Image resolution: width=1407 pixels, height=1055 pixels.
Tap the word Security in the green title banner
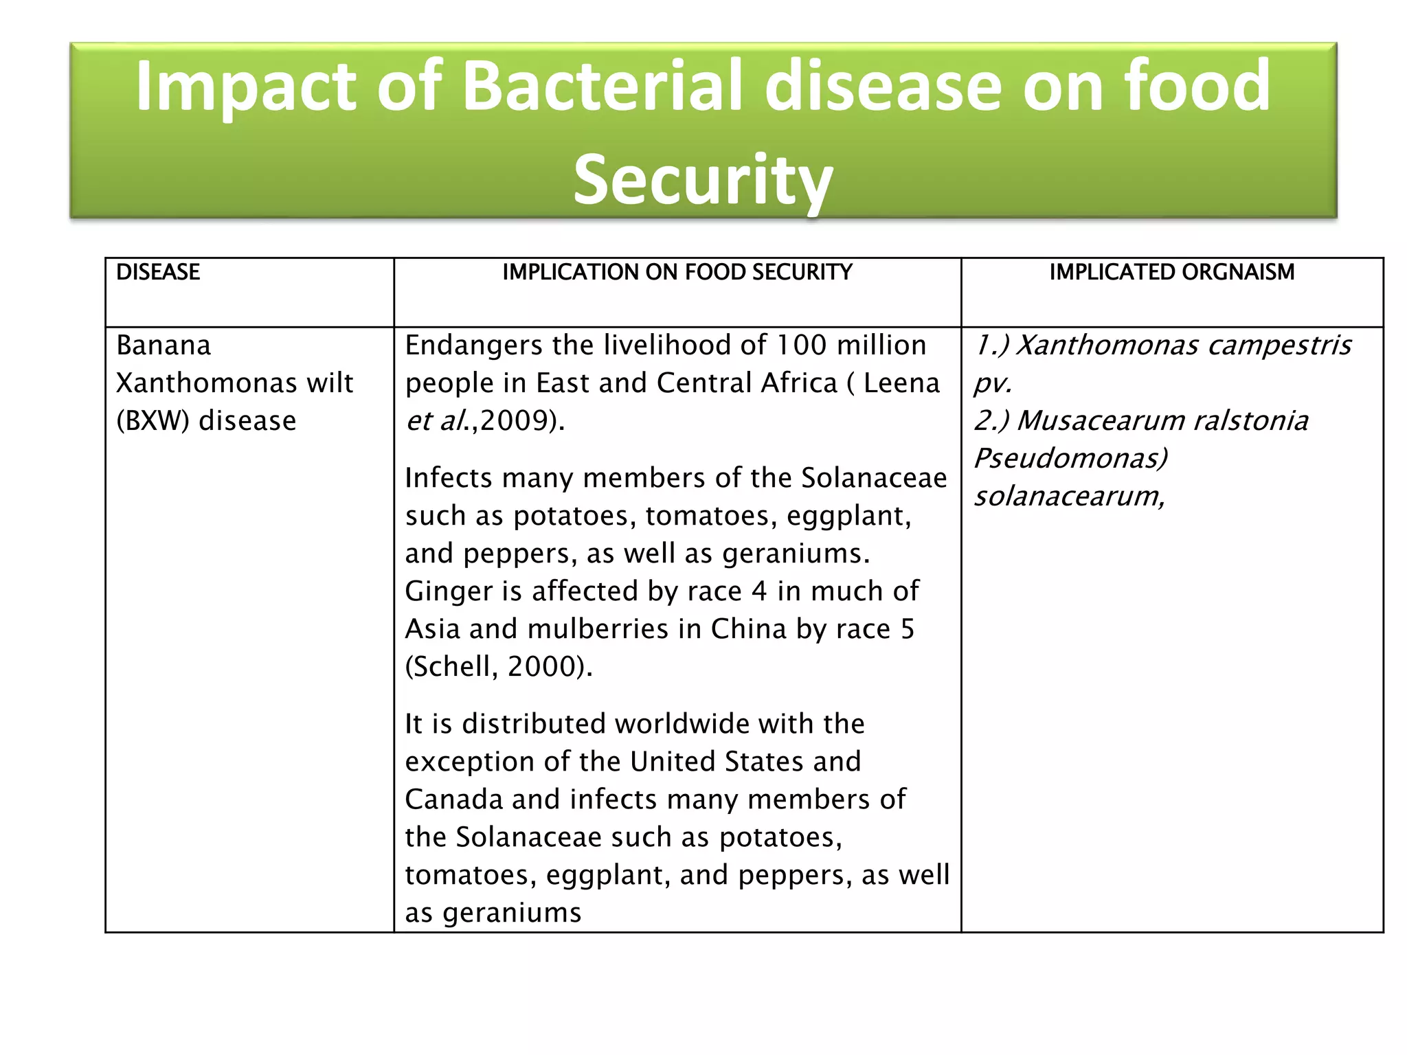point(703,180)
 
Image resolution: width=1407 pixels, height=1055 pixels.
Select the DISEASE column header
point(158,273)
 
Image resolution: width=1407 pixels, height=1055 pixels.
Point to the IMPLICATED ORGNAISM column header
point(1171,273)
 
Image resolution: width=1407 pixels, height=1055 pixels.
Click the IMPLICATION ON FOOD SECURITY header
point(677,273)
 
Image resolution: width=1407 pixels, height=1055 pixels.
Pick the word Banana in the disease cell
point(164,345)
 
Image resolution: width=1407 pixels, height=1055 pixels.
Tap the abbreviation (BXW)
point(153,421)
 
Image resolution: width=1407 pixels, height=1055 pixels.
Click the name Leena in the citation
point(901,383)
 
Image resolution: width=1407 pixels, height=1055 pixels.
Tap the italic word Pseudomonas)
point(1070,459)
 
